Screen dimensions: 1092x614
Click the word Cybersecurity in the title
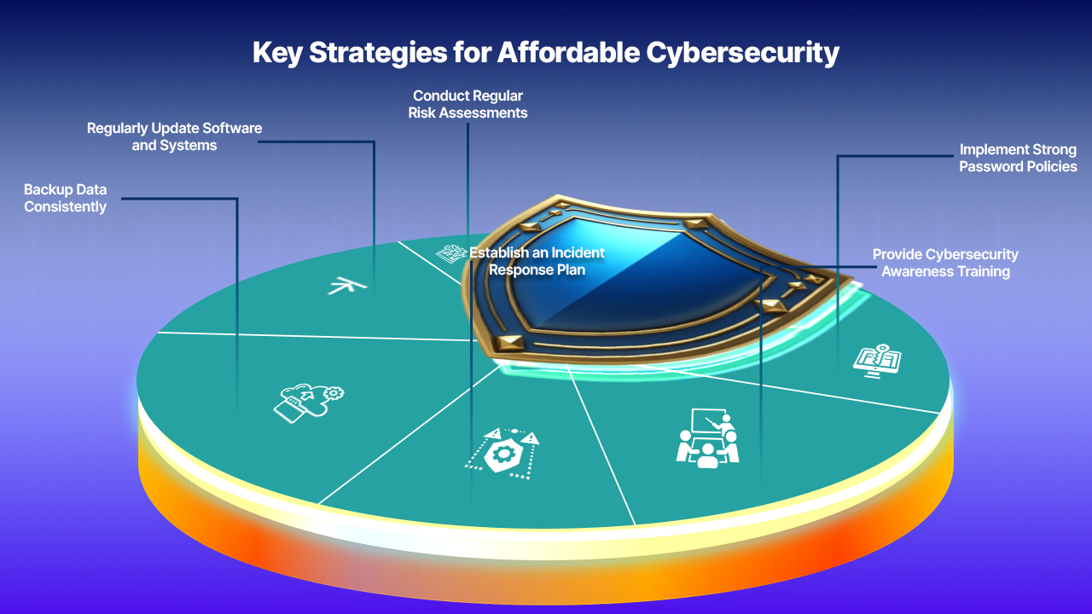(x=741, y=53)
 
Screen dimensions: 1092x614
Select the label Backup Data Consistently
(x=65, y=198)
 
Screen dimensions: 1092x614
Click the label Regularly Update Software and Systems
(x=174, y=136)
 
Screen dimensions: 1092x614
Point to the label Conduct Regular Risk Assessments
(x=468, y=104)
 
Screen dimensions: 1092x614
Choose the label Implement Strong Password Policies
(x=1018, y=158)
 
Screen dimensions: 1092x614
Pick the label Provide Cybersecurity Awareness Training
(x=945, y=263)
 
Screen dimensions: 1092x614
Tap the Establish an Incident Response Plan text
(x=537, y=260)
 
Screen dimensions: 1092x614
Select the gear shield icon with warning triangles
(x=502, y=449)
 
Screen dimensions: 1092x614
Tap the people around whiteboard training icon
(x=707, y=437)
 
